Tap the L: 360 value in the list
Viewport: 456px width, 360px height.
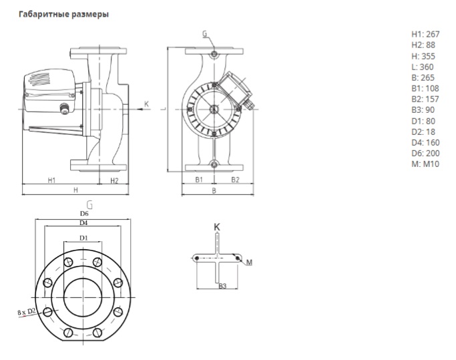coord(422,67)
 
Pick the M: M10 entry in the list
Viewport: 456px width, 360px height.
coord(425,163)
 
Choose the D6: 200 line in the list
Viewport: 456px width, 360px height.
coord(425,152)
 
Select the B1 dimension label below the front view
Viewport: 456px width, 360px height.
coord(198,180)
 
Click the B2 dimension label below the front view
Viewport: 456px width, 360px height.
coord(234,180)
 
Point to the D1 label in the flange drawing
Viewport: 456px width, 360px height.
coord(83,238)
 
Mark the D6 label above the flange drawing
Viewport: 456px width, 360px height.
coord(83,213)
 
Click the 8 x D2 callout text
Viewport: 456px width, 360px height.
coord(26,311)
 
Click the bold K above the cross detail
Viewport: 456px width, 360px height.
coord(217,227)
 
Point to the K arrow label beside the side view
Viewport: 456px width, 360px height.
coord(147,104)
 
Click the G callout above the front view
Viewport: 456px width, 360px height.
coord(204,33)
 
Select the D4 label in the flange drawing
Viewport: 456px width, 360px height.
coord(83,222)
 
